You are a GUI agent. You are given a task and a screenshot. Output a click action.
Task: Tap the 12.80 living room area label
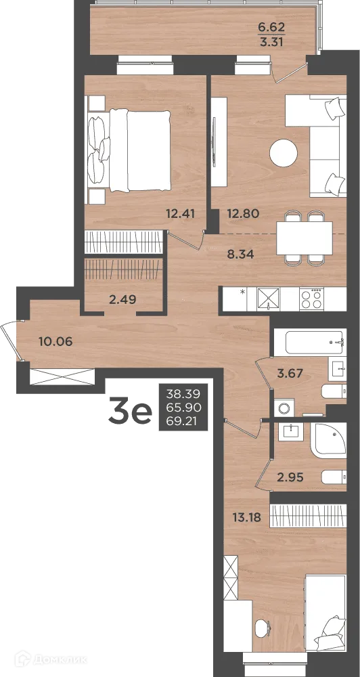tap(243, 213)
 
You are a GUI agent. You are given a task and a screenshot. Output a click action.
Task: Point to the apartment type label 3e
tap(131, 413)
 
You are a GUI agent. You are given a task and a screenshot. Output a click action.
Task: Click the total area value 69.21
tap(183, 422)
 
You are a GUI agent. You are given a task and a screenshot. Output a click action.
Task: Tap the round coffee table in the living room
tap(284, 152)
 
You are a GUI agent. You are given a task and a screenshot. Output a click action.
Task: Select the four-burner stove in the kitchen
tap(312, 297)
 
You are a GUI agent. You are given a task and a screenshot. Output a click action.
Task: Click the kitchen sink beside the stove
tap(268, 297)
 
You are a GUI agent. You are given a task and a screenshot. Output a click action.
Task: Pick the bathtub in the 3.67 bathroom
tap(310, 343)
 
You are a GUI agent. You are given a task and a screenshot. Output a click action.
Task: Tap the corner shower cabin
tap(329, 440)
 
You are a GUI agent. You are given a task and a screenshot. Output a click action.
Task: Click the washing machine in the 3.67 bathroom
tap(284, 408)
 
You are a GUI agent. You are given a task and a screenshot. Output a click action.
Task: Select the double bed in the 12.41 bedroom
tap(129, 150)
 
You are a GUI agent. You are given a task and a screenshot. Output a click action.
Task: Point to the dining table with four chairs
tap(305, 238)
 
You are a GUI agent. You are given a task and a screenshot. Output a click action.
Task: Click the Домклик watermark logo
tap(51, 659)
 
